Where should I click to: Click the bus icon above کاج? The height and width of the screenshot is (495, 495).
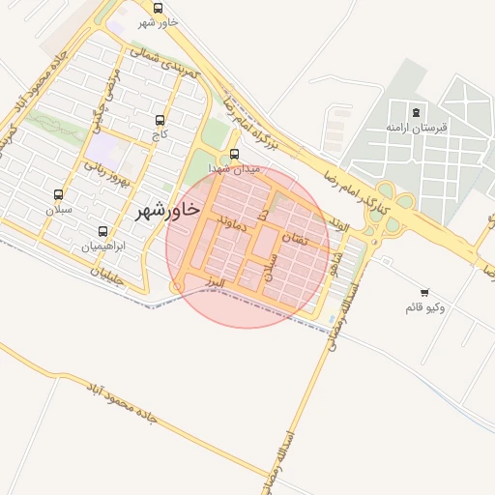point(160,121)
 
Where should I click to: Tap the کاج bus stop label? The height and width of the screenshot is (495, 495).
point(160,136)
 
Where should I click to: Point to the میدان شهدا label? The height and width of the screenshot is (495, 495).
point(235,168)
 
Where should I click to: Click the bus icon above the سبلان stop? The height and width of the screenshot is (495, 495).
point(58,194)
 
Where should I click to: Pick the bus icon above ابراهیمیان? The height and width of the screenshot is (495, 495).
point(103,231)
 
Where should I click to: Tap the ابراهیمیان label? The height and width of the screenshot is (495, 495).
point(103,247)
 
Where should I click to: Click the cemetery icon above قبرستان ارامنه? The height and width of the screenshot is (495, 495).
point(416,112)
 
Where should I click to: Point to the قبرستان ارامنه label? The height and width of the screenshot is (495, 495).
point(416,128)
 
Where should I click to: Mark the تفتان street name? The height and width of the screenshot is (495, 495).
point(294,238)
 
